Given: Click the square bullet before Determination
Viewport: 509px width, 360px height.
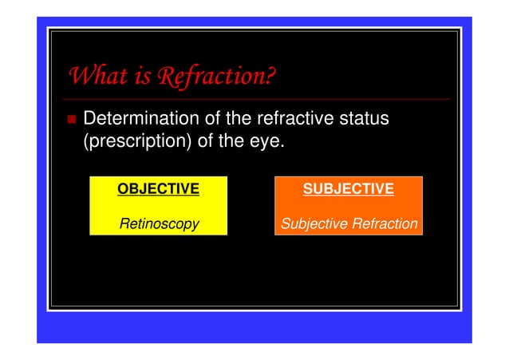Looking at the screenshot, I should coord(71,121).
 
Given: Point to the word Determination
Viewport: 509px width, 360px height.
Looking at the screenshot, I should coord(143,120).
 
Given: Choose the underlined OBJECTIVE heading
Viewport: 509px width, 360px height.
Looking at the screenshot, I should coord(158,189).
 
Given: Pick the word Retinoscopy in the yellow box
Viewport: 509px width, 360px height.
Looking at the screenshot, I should coord(158,224).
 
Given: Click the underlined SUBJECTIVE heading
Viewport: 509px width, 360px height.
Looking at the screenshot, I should coord(348,189).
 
